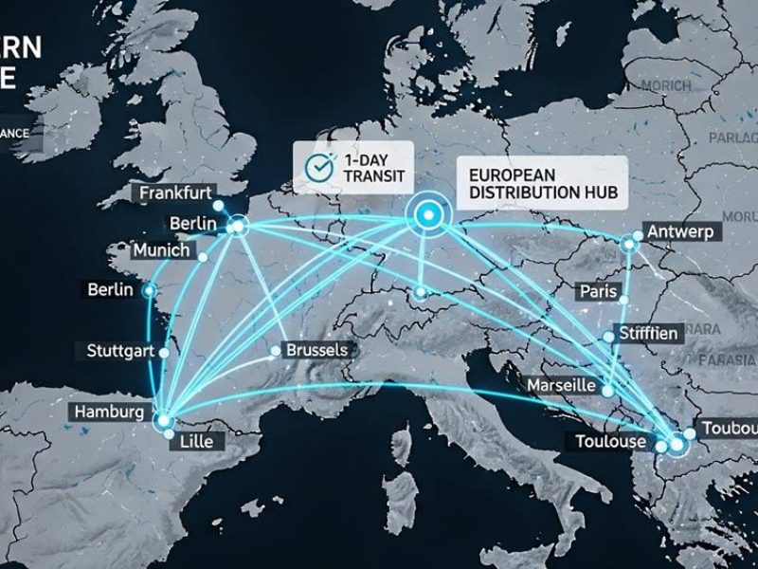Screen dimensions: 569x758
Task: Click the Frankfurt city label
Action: coord(176,193)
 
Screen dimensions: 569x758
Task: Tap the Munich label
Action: coord(161,251)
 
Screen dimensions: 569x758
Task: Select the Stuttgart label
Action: coord(120,351)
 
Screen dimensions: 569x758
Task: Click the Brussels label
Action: coord(316,350)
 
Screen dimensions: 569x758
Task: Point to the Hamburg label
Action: coord(110,413)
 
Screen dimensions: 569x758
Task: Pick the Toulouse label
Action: coord(610,442)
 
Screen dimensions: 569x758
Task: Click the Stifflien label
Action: coord(647,334)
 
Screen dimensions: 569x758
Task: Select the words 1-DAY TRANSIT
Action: coord(365,168)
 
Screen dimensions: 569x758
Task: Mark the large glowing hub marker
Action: coord(428,215)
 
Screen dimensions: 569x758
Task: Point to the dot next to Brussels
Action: coord(276,351)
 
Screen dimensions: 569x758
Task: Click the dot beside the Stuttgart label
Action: coord(165,351)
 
